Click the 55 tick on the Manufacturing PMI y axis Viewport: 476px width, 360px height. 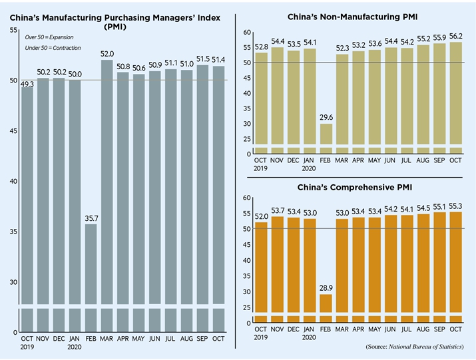[14, 31]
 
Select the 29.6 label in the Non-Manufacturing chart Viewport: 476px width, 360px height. [326, 118]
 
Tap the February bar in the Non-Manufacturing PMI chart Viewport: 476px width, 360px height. [326, 136]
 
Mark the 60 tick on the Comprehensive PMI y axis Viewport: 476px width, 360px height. [246, 198]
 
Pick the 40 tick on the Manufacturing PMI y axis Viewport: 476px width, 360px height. [14, 182]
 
